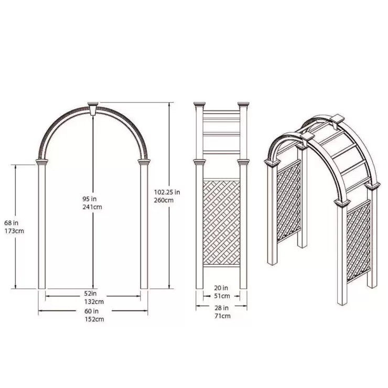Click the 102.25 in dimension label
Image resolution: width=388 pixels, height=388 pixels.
(x=168, y=192)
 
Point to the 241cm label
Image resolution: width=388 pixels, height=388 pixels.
(x=93, y=207)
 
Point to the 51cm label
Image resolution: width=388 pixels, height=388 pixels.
(x=222, y=296)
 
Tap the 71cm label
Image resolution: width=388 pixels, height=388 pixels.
(x=222, y=316)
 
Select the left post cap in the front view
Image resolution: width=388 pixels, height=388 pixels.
(x=41, y=162)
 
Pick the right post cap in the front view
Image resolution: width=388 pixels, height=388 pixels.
(x=144, y=162)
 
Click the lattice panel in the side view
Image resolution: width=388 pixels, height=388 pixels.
(x=221, y=222)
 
